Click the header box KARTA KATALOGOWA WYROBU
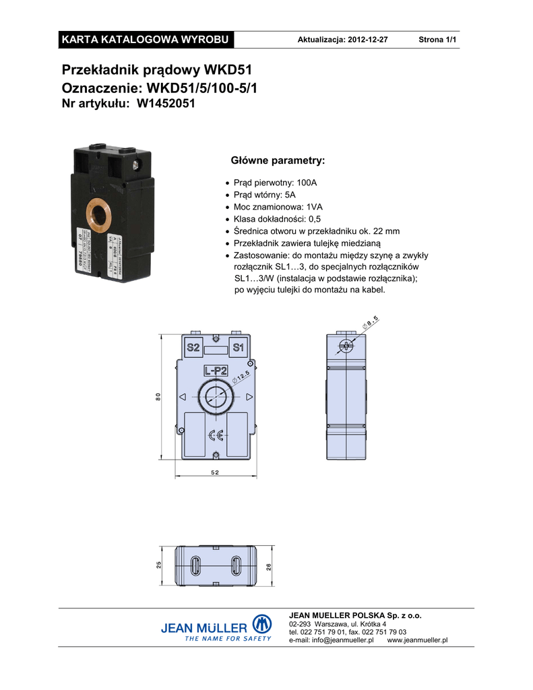[146, 39]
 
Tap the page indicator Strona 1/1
[437, 40]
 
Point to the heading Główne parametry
[278, 161]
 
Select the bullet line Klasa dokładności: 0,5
[277, 219]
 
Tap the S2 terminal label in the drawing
[193, 348]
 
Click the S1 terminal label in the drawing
[238, 348]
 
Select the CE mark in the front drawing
[216, 435]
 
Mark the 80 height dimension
[159, 398]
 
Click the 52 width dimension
[215, 473]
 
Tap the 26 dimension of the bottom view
[268, 567]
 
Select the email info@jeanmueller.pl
[331, 640]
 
